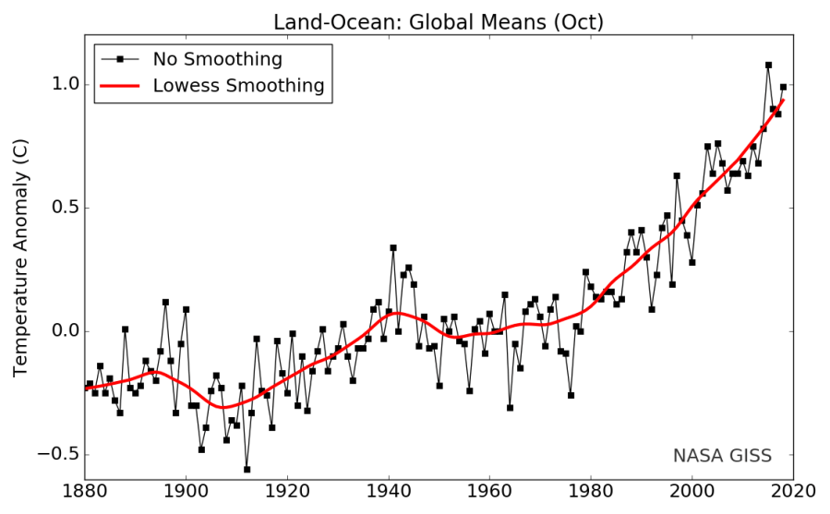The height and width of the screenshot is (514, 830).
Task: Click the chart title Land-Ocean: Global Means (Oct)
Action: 438,21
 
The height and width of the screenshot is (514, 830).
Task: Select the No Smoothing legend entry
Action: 218,60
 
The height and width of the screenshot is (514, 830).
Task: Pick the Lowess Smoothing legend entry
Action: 238,86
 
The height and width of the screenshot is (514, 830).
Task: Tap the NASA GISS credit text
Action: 722,455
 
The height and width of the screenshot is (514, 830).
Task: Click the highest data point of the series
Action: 768,65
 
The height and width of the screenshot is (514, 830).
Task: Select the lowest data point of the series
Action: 247,469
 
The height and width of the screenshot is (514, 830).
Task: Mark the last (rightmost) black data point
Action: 783,87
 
